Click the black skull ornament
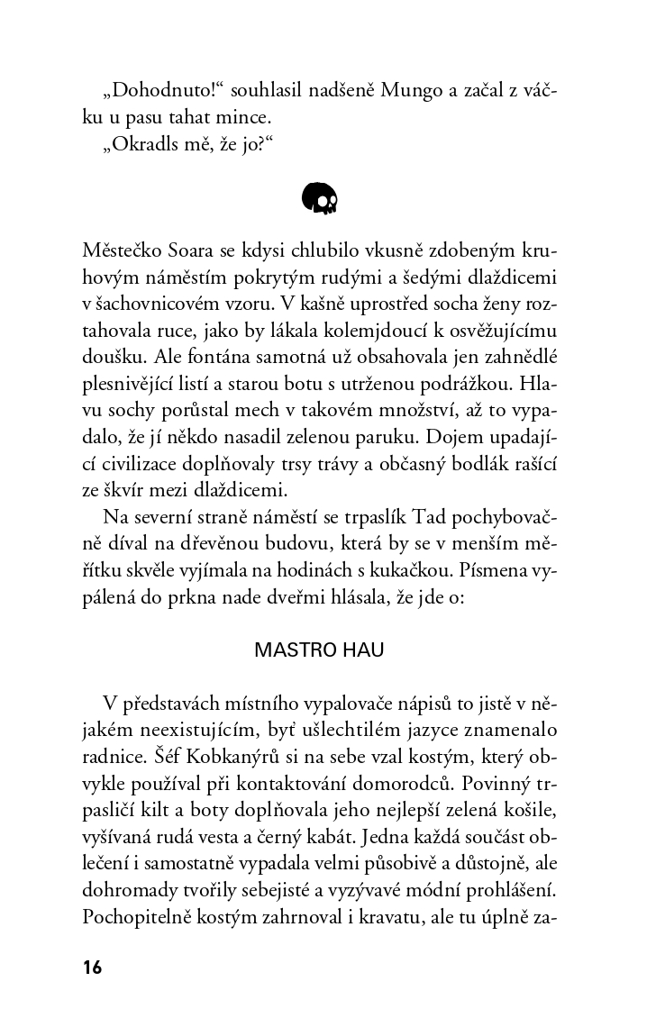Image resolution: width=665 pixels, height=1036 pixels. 320,198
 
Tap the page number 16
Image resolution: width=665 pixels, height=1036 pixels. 92,968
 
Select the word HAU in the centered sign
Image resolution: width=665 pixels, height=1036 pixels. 360,650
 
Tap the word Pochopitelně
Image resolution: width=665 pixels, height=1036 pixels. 137,919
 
